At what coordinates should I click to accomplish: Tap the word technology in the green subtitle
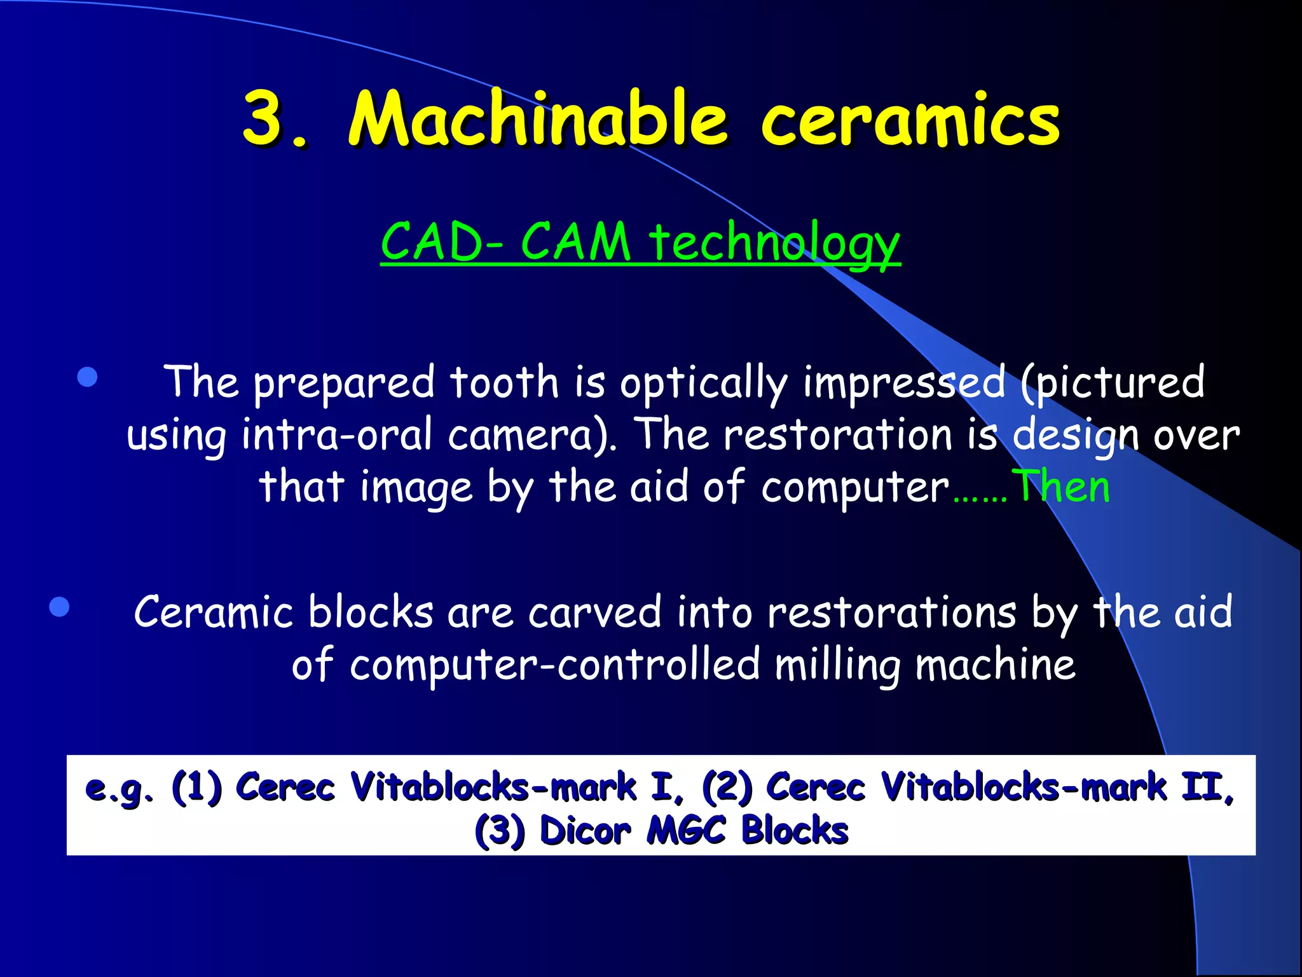[774, 243]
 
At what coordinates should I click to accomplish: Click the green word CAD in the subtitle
[432, 242]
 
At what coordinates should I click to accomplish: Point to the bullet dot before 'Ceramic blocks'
[59, 606]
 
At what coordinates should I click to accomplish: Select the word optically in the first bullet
[704, 384]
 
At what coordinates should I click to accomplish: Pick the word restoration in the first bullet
[837, 435]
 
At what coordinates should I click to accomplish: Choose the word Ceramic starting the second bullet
[213, 612]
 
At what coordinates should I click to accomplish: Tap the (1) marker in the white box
[197, 787]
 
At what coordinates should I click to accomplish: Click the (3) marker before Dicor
[500, 831]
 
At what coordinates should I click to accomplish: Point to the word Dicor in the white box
[585, 830]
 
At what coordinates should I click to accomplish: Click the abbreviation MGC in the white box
[686, 830]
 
